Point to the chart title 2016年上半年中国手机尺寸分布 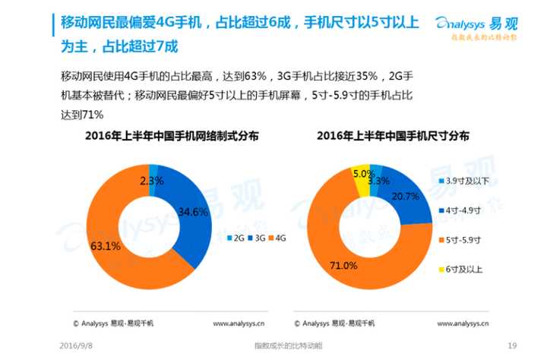tap(392, 136)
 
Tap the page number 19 tap(511, 346)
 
